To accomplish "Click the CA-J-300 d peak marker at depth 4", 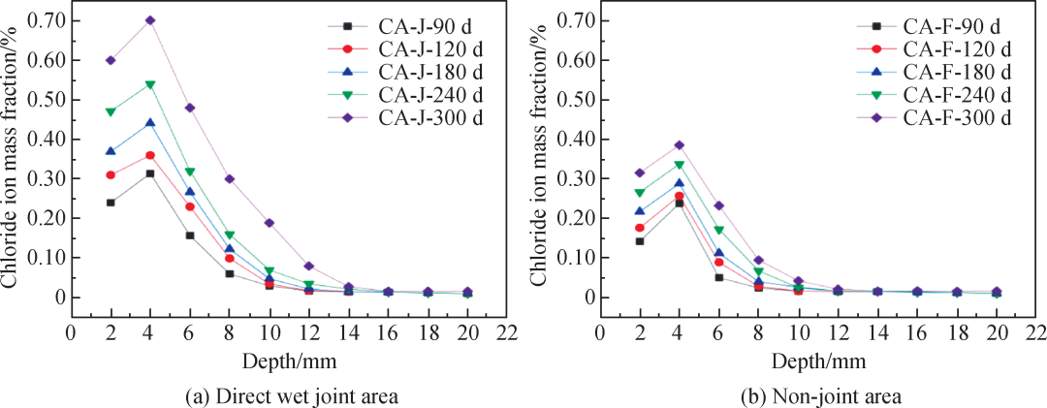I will (150, 20).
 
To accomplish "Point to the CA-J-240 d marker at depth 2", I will (111, 112).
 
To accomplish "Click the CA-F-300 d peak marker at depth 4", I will (680, 145).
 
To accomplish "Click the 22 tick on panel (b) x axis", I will (1035, 331).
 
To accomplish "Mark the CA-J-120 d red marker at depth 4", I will (150, 155).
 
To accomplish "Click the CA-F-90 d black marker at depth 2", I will (639, 241).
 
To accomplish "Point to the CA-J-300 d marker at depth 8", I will (230, 178).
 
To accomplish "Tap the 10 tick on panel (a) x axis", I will (269, 331).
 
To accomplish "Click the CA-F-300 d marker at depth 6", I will (719, 205).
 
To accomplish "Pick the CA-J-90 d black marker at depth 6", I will (190, 235).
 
